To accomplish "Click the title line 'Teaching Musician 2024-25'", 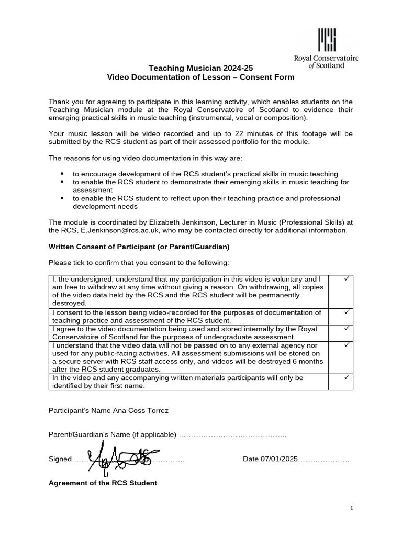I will point(201,68).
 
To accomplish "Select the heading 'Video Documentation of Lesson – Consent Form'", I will point(201,77).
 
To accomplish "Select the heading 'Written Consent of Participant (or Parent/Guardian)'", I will point(139,247).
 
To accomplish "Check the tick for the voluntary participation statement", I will point(346,279).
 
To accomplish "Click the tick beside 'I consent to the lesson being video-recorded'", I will point(346,311).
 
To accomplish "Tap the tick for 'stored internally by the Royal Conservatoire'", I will point(346,328).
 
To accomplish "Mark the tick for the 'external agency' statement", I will point(346,345).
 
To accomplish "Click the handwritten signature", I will point(119,456).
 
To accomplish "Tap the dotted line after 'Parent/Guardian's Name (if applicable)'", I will point(232,435).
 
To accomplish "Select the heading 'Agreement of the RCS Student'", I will point(103,483).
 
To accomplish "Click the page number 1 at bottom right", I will point(352,509).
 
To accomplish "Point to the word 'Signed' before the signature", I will point(60,459).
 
